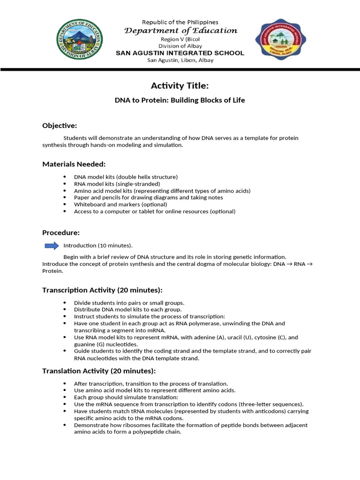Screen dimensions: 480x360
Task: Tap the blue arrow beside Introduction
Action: click(x=52, y=246)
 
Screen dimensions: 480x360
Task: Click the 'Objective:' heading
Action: click(x=60, y=126)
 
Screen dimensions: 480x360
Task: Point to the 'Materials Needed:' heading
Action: click(x=74, y=164)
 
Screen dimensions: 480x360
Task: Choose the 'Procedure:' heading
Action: click(x=61, y=232)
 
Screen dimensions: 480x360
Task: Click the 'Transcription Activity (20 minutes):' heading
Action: click(x=102, y=290)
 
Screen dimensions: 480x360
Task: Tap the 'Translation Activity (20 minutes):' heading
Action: click(x=99, y=371)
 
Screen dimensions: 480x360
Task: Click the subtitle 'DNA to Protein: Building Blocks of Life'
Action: click(x=180, y=100)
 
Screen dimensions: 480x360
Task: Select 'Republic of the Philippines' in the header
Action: click(x=180, y=22)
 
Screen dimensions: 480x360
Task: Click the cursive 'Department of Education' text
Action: click(x=180, y=30)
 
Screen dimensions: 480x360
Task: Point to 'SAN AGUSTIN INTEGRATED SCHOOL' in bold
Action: click(x=180, y=53)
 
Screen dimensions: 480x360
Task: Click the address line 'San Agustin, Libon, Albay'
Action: click(x=180, y=60)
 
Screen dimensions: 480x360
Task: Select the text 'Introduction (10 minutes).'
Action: click(x=98, y=246)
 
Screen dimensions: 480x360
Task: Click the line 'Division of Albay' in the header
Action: click(x=180, y=46)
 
